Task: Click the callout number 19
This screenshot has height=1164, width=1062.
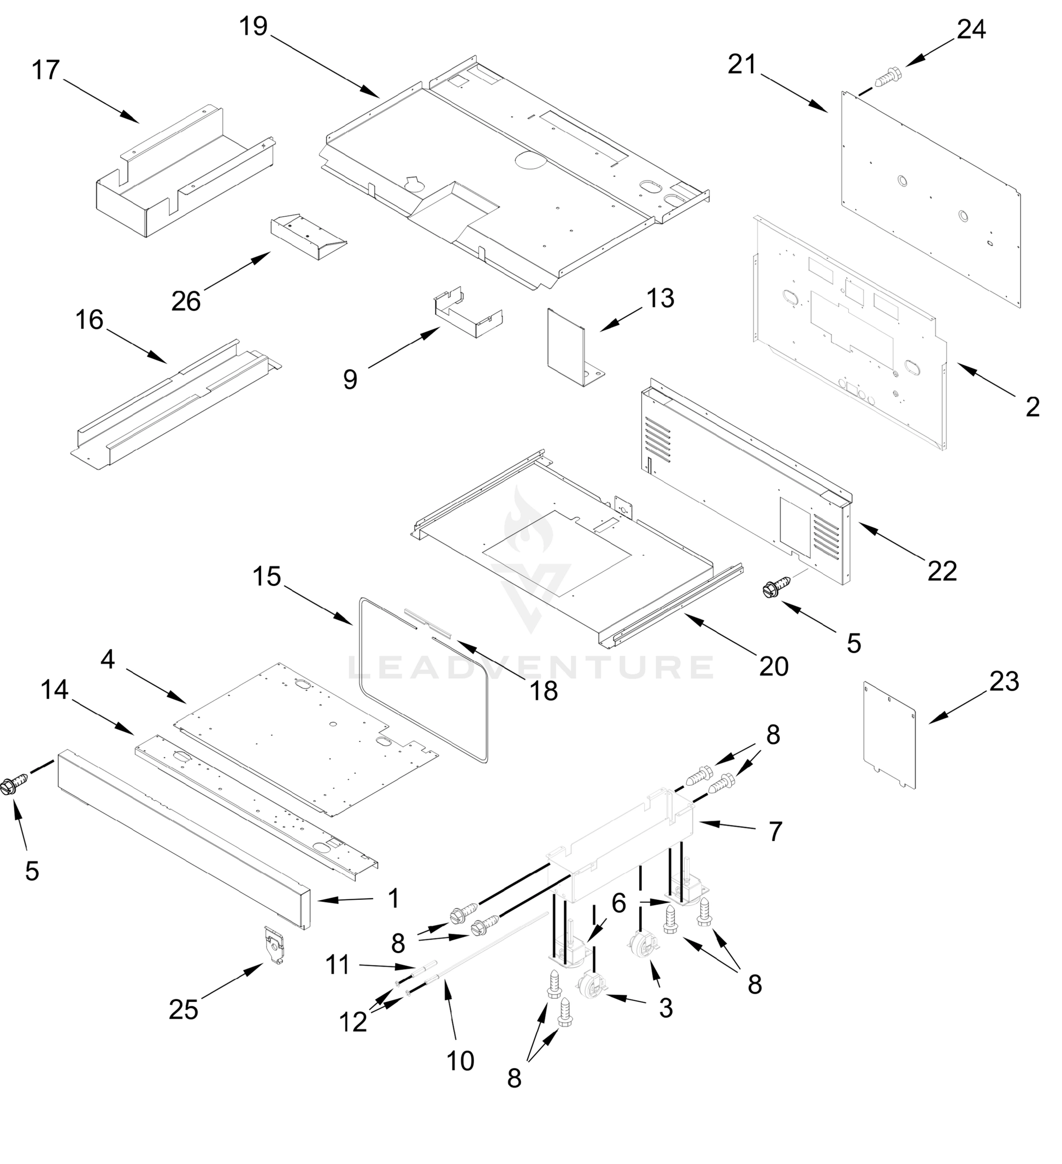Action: [x=254, y=27]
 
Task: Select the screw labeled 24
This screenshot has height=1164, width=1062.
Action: [x=888, y=77]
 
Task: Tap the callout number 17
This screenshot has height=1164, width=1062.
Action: [x=46, y=70]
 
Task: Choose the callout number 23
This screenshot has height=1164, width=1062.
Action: [x=1004, y=682]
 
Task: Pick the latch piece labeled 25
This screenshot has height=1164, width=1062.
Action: [x=274, y=945]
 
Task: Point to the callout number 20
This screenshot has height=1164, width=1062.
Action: [x=774, y=667]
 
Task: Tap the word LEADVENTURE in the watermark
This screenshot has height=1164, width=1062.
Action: [x=531, y=667]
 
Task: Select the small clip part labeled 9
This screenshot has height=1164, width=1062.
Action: [x=468, y=315]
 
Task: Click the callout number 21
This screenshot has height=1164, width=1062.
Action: [x=742, y=65]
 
